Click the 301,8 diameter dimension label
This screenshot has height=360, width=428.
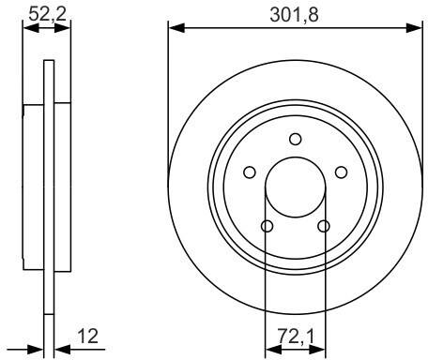click(x=294, y=15)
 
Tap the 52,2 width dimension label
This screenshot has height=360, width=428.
click(x=48, y=14)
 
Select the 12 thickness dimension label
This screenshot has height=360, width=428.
click(x=87, y=337)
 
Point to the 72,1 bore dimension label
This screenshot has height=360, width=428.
click(x=296, y=337)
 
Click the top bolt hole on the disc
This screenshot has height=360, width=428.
click(x=296, y=139)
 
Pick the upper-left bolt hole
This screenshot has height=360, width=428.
click(x=250, y=172)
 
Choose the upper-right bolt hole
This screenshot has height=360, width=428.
click(x=341, y=172)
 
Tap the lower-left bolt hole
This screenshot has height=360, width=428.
click(x=267, y=226)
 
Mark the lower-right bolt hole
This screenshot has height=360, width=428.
click(x=324, y=226)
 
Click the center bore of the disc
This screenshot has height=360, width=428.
click(x=296, y=187)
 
